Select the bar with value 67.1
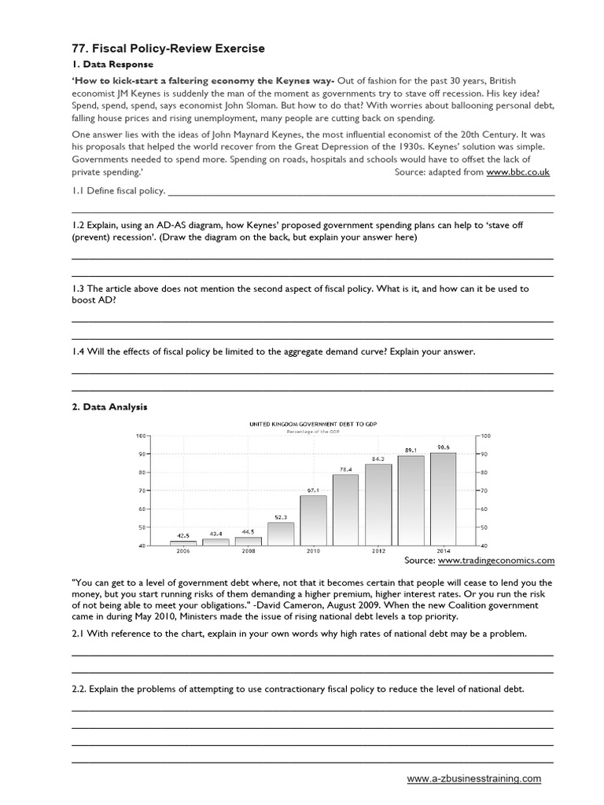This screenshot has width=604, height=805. point(312,520)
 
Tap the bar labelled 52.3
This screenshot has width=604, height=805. point(280,533)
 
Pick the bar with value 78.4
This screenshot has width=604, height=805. point(345,509)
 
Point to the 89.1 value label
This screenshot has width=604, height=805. point(410,450)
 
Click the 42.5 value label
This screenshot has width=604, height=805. point(183,535)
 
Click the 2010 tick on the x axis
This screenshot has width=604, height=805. point(313,551)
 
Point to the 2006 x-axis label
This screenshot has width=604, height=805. point(183,551)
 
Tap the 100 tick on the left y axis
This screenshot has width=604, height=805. point(142,436)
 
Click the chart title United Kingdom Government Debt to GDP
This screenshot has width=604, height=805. point(312,424)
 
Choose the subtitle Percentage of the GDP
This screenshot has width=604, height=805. point(312,432)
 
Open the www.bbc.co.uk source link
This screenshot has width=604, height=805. point(517,171)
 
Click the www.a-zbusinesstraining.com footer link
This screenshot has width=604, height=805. point(473,778)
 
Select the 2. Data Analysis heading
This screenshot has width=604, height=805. point(109,407)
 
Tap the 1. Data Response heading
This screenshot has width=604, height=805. point(112,64)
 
